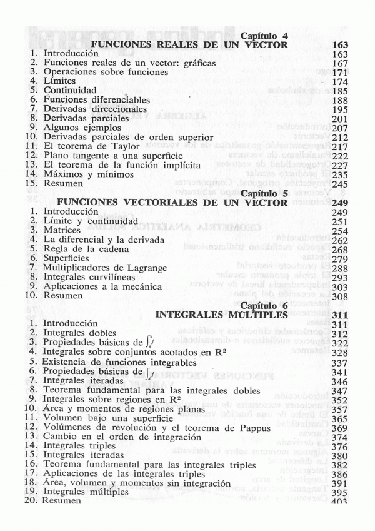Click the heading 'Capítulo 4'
264,36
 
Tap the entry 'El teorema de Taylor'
86,146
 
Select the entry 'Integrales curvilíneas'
91,277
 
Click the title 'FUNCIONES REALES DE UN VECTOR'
189,45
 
